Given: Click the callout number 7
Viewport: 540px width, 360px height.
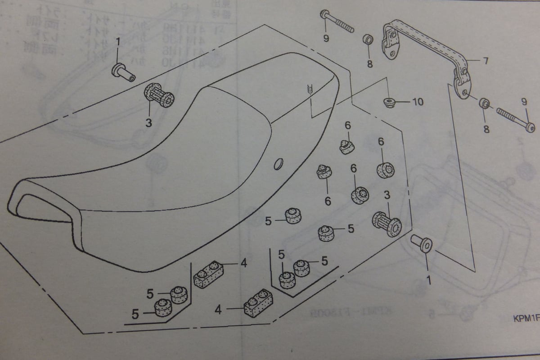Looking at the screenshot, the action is click(486, 61).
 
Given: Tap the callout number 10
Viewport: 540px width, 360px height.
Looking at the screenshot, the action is click(418, 102).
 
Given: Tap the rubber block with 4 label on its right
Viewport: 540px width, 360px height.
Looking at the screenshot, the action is click(208, 274).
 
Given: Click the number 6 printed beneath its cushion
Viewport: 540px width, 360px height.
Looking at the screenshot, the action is click(328, 201).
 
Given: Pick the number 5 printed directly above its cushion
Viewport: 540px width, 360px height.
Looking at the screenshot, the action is click(281, 255).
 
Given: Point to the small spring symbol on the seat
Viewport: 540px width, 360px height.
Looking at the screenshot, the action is click(310, 89).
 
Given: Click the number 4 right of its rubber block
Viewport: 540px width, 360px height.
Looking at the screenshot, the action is click(243, 263).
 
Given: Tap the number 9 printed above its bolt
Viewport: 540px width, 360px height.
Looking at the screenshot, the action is click(524, 102).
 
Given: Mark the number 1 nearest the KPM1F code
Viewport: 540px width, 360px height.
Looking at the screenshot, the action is click(428, 280).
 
